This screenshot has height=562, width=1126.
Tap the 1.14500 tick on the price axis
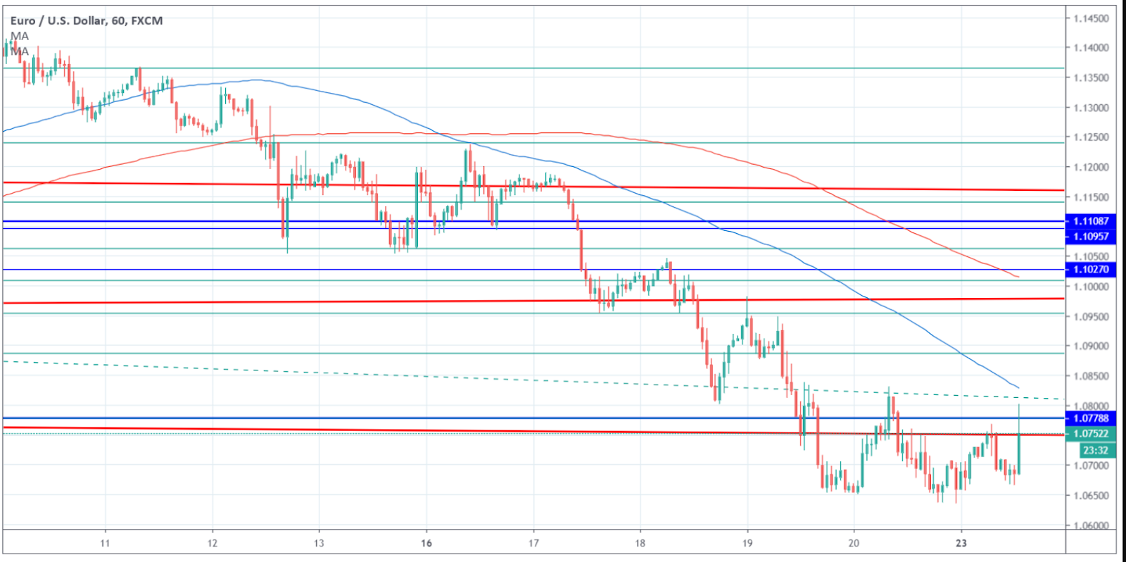1091,18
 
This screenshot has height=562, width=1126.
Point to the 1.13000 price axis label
1091,108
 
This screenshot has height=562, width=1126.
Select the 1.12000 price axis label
1091,168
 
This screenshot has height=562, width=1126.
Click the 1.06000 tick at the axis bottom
1091,525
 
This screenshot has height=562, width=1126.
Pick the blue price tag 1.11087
1090,221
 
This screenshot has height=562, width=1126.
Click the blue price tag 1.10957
1090,237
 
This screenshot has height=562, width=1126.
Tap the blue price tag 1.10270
1090,270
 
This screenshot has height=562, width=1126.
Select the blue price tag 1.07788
1090,418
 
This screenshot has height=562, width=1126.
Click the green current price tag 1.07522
1090,434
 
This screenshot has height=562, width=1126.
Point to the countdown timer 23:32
1095,450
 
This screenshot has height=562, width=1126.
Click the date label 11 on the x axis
105,543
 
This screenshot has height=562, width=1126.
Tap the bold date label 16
426,543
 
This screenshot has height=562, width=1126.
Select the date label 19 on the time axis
747,543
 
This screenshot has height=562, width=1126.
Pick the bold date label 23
961,543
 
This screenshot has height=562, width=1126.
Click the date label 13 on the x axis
319,543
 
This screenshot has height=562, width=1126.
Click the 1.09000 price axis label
1091,346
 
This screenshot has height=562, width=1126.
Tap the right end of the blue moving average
1018,387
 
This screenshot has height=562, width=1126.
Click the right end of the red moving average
1018,277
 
